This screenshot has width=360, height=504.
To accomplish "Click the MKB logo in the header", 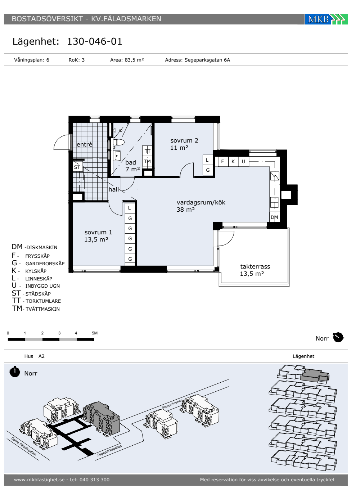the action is (326, 19).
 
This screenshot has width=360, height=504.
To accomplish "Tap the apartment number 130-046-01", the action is (94, 41).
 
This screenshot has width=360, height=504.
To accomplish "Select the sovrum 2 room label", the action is (184, 141).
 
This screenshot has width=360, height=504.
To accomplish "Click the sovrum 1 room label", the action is (98, 233).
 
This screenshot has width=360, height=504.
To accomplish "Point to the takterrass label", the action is (255, 267).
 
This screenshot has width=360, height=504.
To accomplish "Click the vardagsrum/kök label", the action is (201, 202).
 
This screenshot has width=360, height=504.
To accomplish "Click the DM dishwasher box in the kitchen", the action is (274, 217).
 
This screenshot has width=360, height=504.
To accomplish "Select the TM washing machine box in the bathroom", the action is (147, 162).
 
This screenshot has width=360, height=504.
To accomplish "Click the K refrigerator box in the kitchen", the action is (233, 161).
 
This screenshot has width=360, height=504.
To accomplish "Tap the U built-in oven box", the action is (243, 161).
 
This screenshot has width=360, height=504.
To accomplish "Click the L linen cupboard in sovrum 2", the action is (207, 160).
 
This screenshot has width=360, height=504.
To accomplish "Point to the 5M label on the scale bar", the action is (94, 333).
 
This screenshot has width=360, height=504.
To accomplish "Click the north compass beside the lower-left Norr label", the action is (15, 371).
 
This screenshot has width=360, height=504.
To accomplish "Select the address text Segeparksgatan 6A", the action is (207, 60).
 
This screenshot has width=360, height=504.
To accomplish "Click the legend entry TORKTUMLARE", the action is (43, 301).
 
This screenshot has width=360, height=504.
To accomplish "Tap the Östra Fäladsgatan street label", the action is (24, 446).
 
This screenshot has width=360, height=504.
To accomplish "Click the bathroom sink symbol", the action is (117, 156).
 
